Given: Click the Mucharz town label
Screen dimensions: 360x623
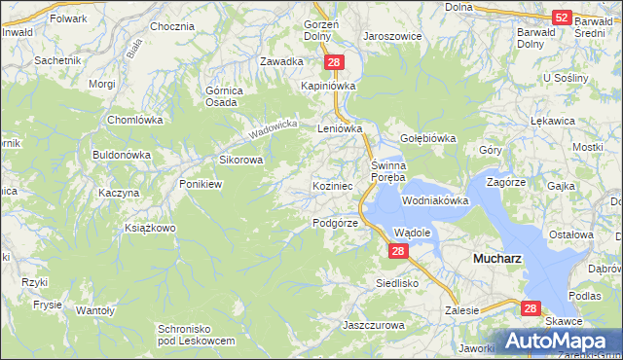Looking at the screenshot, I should (497, 260).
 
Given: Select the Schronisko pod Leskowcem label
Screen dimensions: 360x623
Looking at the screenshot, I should (196, 336).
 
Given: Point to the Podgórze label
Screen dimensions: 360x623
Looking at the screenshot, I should (336, 223).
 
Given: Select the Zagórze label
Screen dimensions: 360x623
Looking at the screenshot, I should (506, 182).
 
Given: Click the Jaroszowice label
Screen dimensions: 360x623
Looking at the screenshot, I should (392, 35).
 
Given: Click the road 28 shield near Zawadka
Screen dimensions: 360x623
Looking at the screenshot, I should (334, 62).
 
